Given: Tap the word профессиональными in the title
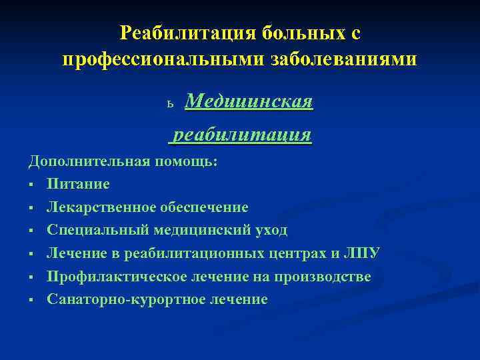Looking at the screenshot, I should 164,59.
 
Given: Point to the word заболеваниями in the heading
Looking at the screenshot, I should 345,59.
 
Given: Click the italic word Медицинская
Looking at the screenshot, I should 249,102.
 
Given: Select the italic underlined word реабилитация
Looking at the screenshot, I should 242,135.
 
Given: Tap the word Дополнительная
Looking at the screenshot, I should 89,161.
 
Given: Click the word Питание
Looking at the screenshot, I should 78,184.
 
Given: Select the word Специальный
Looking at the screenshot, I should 95,230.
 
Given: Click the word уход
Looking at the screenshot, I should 270,230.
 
